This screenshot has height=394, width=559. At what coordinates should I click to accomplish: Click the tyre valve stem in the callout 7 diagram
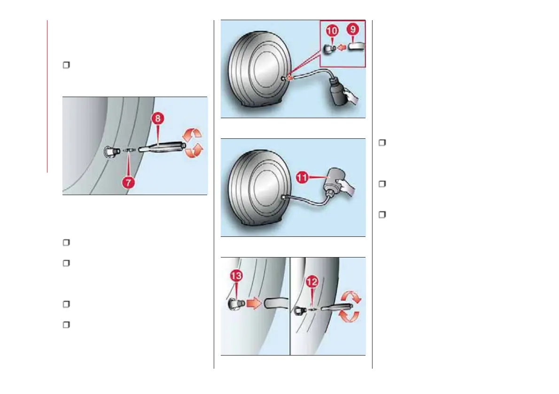pyautogui.click(x=111, y=152)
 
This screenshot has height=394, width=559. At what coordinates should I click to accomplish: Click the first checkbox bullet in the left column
pyautogui.click(x=66, y=65)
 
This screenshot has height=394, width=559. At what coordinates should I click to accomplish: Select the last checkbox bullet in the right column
pyautogui.click(x=382, y=215)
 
